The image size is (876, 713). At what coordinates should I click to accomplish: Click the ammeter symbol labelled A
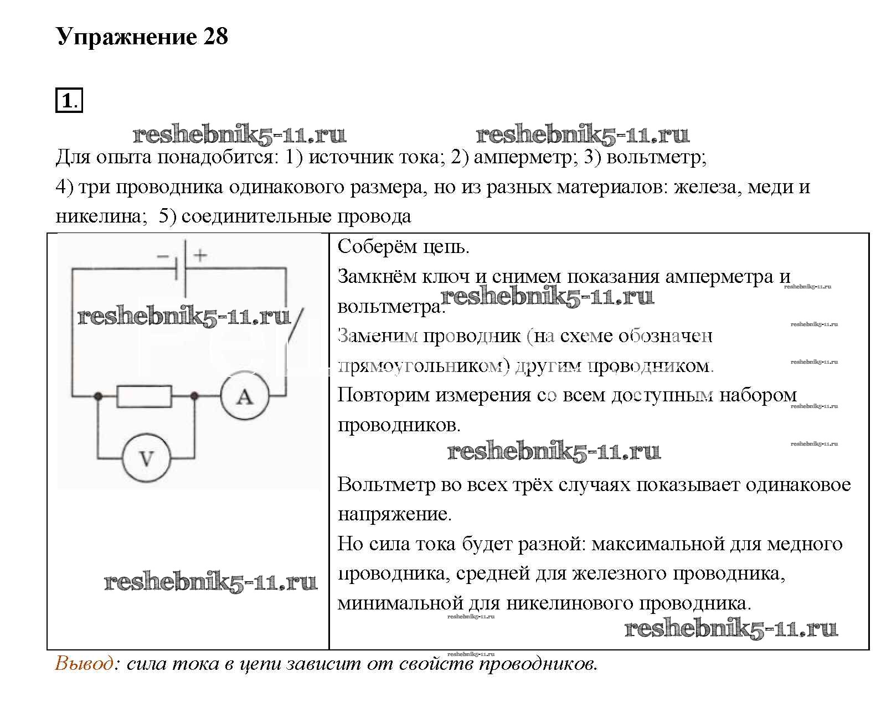click(245, 396)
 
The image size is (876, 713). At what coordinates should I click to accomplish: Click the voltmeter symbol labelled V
click(146, 458)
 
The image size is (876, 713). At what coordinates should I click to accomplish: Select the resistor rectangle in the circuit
click(144, 396)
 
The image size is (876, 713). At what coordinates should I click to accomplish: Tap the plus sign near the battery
click(200, 255)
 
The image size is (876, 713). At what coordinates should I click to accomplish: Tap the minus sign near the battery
click(163, 256)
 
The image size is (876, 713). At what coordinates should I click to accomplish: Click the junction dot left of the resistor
click(98, 396)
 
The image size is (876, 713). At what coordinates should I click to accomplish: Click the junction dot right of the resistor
click(194, 396)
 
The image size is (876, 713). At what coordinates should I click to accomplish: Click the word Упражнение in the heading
click(127, 37)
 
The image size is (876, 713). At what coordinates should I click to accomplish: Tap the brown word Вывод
click(84, 663)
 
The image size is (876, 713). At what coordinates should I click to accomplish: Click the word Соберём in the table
click(375, 247)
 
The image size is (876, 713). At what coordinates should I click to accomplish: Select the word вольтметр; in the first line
click(657, 158)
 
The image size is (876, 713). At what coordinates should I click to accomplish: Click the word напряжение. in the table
click(395, 514)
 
